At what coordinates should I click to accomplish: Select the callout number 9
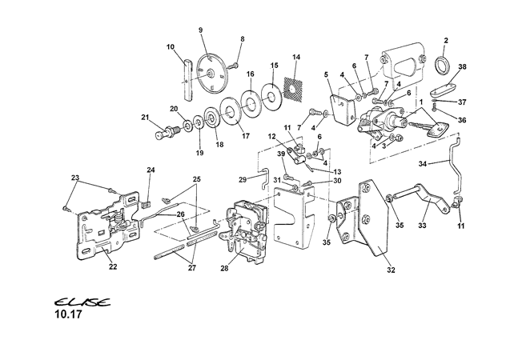tap(201, 30)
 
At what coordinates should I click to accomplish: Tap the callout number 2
tap(445, 41)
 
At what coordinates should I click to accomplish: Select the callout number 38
tap(462, 68)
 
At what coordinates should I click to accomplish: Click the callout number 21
tap(145, 118)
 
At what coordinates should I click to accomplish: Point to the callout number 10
tap(171, 47)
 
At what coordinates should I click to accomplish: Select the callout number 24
tap(150, 170)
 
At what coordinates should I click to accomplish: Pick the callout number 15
tap(273, 66)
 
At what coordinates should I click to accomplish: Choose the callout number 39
tap(281, 154)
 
